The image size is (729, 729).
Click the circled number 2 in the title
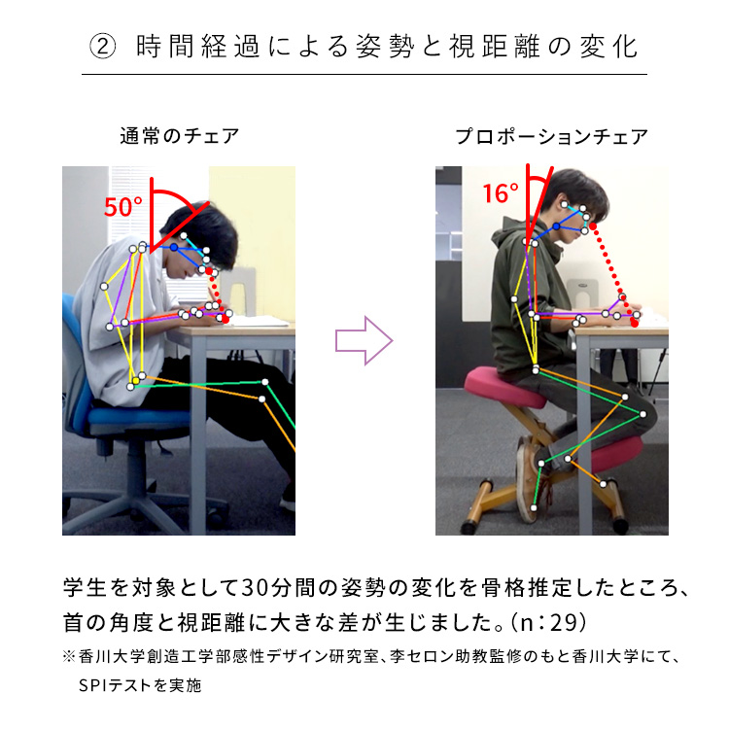[x=102, y=47]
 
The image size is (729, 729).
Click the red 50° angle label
[x=123, y=207]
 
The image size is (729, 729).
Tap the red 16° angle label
[x=500, y=193]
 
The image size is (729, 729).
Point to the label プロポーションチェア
[x=551, y=137]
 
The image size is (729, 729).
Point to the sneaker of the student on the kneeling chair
[x=530, y=471]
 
